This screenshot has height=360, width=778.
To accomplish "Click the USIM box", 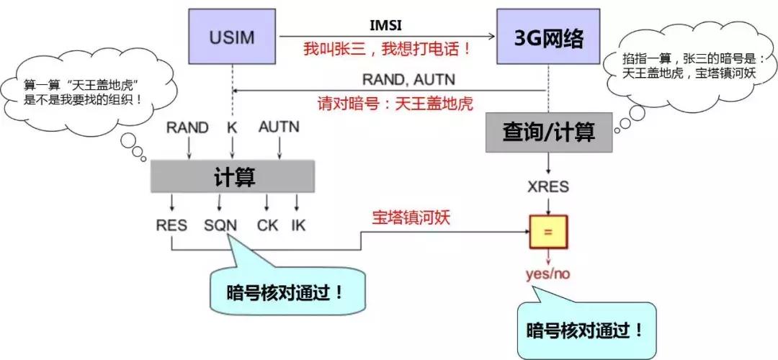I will click(x=233, y=37).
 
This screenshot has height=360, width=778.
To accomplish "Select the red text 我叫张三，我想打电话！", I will click(x=388, y=49).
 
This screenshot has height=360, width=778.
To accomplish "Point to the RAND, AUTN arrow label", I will click(x=408, y=79).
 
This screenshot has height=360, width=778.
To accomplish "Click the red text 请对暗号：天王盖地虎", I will click(x=395, y=103).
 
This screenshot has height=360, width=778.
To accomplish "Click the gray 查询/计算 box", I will click(x=549, y=132).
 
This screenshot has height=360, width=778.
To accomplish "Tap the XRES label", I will click(x=549, y=186).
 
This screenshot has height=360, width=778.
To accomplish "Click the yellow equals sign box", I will click(x=549, y=231).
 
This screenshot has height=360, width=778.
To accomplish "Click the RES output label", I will click(x=171, y=225).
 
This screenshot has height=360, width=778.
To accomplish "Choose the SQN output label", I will click(x=220, y=225).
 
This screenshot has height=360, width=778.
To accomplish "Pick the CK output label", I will click(x=267, y=225).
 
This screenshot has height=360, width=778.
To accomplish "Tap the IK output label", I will click(x=298, y=225).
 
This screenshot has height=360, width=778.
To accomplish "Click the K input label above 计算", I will click(x=232, y=127).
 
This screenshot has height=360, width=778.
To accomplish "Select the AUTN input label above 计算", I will click(x=279, y=127).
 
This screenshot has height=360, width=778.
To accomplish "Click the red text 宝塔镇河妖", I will click(x=411, y=217).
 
